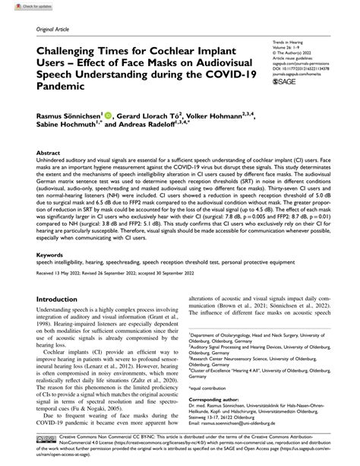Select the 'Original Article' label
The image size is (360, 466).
pos(47,26)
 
